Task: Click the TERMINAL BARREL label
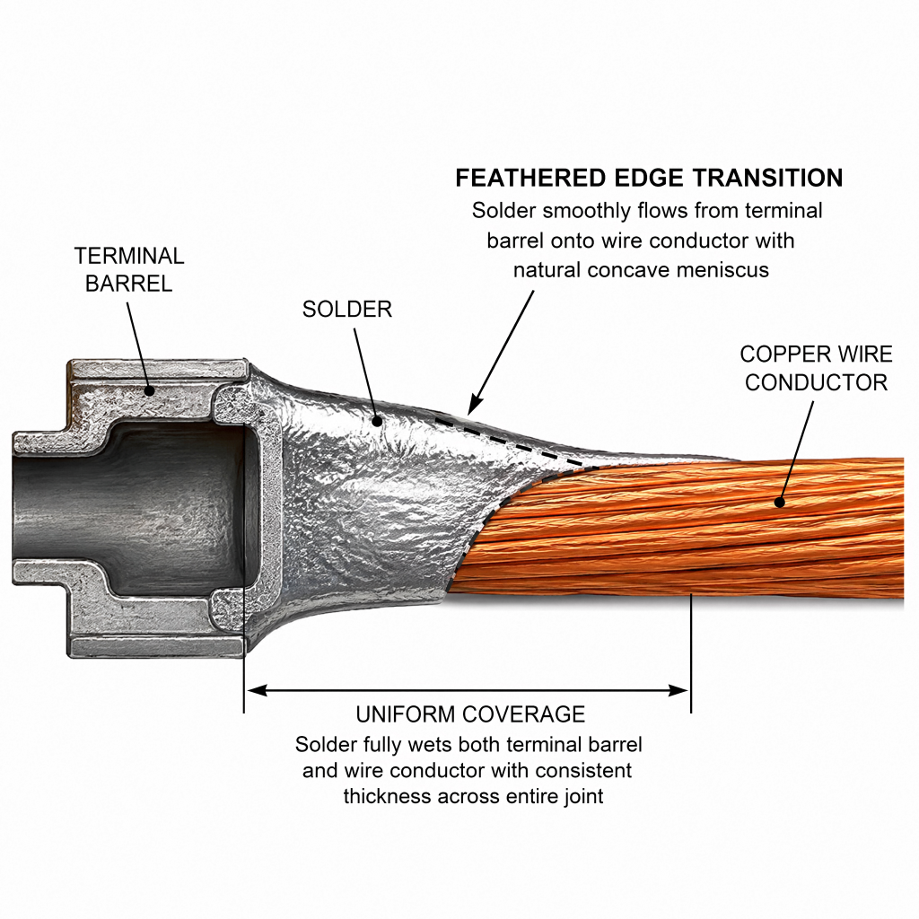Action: (129, 269)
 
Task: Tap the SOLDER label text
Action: (347, 310)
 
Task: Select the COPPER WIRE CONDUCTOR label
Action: (816, 368)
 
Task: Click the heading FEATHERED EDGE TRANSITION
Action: (650, 178)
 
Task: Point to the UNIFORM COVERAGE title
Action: (470, 714)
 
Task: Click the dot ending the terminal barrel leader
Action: (150, 391)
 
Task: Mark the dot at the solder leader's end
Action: (378, 421)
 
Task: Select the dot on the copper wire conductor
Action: (780, 503)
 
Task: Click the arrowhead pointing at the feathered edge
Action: (475, 407)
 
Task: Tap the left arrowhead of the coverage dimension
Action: (256, 690)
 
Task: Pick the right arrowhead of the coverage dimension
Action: (678, 690)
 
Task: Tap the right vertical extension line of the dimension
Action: (691, 653)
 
